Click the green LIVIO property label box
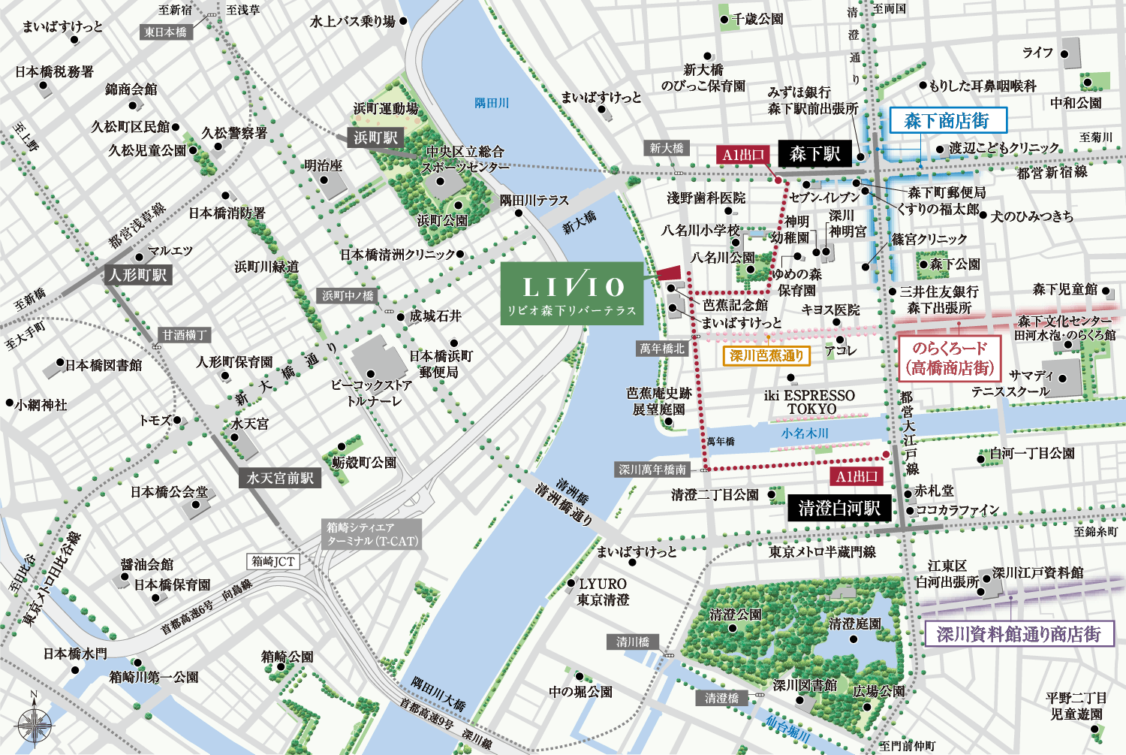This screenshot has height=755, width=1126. click(572, 293)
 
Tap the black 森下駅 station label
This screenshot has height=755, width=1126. click(814, 154)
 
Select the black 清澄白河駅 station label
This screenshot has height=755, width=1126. click(838, 509)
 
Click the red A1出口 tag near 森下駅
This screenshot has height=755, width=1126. click(742, 155)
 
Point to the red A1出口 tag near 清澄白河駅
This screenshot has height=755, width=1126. click(857, 476)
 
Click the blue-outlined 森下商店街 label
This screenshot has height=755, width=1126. click(947, 121)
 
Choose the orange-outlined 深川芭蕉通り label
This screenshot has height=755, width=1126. click(766, 355)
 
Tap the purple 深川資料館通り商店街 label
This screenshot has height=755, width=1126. click(1018, 634)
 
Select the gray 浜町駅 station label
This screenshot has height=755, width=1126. click(375, 137)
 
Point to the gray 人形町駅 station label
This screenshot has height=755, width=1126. click(138, 275)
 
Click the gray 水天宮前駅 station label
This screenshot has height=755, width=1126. click(280, 478)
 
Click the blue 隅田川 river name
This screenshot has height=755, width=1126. click(492, 103)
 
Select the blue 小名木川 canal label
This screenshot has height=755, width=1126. click(804, 433)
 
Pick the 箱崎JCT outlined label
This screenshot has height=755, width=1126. click(273, 561)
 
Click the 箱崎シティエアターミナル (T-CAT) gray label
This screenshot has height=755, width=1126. click(372, 534)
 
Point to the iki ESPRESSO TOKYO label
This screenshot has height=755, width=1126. click(809, 402)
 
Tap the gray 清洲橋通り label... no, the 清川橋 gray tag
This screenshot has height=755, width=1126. click(632, 642)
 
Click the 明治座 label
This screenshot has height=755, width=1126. click(323, 166)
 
